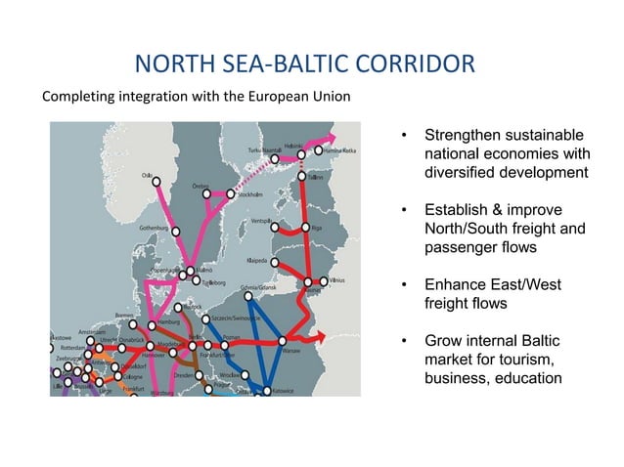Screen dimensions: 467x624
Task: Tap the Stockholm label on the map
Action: point(253,195)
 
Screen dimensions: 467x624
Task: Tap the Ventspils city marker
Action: point(275,228)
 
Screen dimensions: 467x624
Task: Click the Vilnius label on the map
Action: point(337,280)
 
